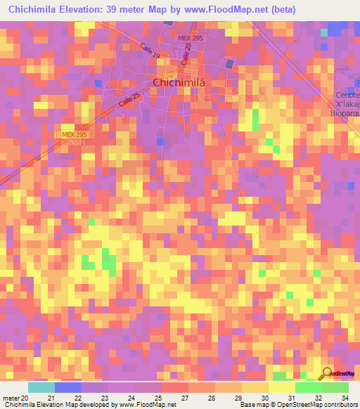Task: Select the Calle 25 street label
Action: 129,98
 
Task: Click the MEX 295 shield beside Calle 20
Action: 189,37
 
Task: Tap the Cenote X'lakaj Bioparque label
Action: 347,103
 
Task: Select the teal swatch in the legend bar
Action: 41,387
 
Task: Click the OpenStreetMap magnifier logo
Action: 327,373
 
